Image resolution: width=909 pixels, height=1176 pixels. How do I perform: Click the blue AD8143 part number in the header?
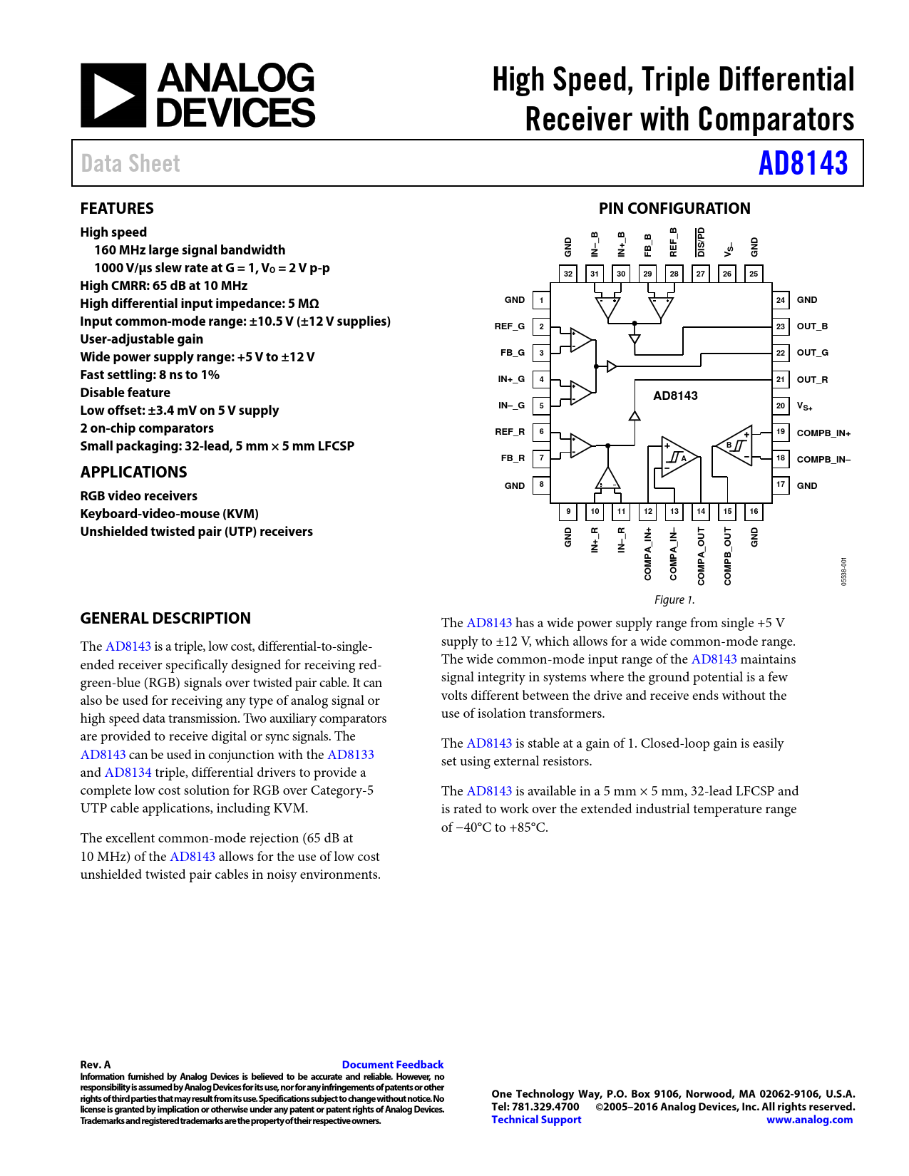(803, 163)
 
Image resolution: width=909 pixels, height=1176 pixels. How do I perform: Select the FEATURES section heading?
(117, 209)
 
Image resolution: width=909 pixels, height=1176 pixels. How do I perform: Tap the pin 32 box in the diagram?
(568, 274)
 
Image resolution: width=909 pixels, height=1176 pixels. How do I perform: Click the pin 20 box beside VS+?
(781, 406)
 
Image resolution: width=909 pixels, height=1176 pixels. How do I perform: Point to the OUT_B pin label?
(812, 326)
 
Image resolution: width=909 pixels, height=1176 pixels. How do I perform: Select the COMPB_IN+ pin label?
(823, 433)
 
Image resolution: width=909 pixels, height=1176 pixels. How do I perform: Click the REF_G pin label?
(510, 326)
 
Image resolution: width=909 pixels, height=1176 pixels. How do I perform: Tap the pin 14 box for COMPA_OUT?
(701, 511)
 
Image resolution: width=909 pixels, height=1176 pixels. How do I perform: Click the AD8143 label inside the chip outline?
(675, 396)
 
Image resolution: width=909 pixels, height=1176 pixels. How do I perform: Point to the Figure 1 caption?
(674, 600)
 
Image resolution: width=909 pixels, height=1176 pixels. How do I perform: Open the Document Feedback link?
(392, 1065)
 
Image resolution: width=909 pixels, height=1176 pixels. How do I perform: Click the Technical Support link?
(536, 1120)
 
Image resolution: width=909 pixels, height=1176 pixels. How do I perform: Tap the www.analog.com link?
(809, 1120)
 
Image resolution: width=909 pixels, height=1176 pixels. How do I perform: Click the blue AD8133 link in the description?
(350, 755)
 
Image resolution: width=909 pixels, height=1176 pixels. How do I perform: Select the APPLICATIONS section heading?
(133, 473)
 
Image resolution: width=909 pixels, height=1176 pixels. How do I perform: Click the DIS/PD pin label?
(701, 242)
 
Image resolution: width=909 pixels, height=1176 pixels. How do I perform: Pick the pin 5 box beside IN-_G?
(541, 406)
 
